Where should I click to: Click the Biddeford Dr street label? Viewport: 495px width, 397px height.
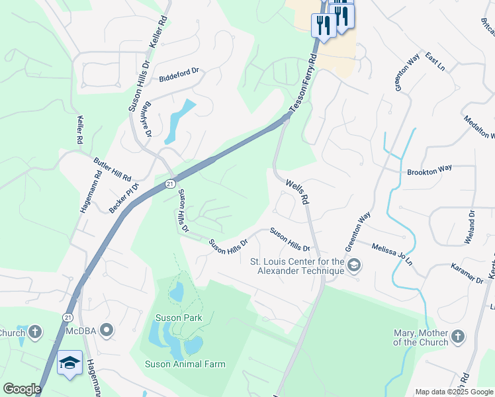pyautogui.click(x=179, y=75)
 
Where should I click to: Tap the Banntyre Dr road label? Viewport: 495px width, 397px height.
pyautogui.click(x=146, y=118)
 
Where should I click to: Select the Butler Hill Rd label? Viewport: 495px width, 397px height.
pyautogui.click(x=112, y=169)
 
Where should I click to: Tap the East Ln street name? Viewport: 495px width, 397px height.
pyautogui.click(x=435, y=64)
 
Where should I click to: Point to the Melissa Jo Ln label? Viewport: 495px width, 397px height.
pyautogui.click(x=392, y=253)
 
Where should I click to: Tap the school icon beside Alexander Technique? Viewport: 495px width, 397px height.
pyautogui.click(x=355, y=266)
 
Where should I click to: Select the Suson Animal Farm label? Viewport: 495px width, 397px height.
pyautogui.click(x=185, y=364)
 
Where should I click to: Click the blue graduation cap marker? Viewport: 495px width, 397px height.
pyautogui.click(x=69, y=363)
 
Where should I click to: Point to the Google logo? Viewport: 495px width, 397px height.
pyautogui.click(x=22, y=389)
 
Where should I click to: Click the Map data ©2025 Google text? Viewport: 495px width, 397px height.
pyautogui.click(x=453, y=392)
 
